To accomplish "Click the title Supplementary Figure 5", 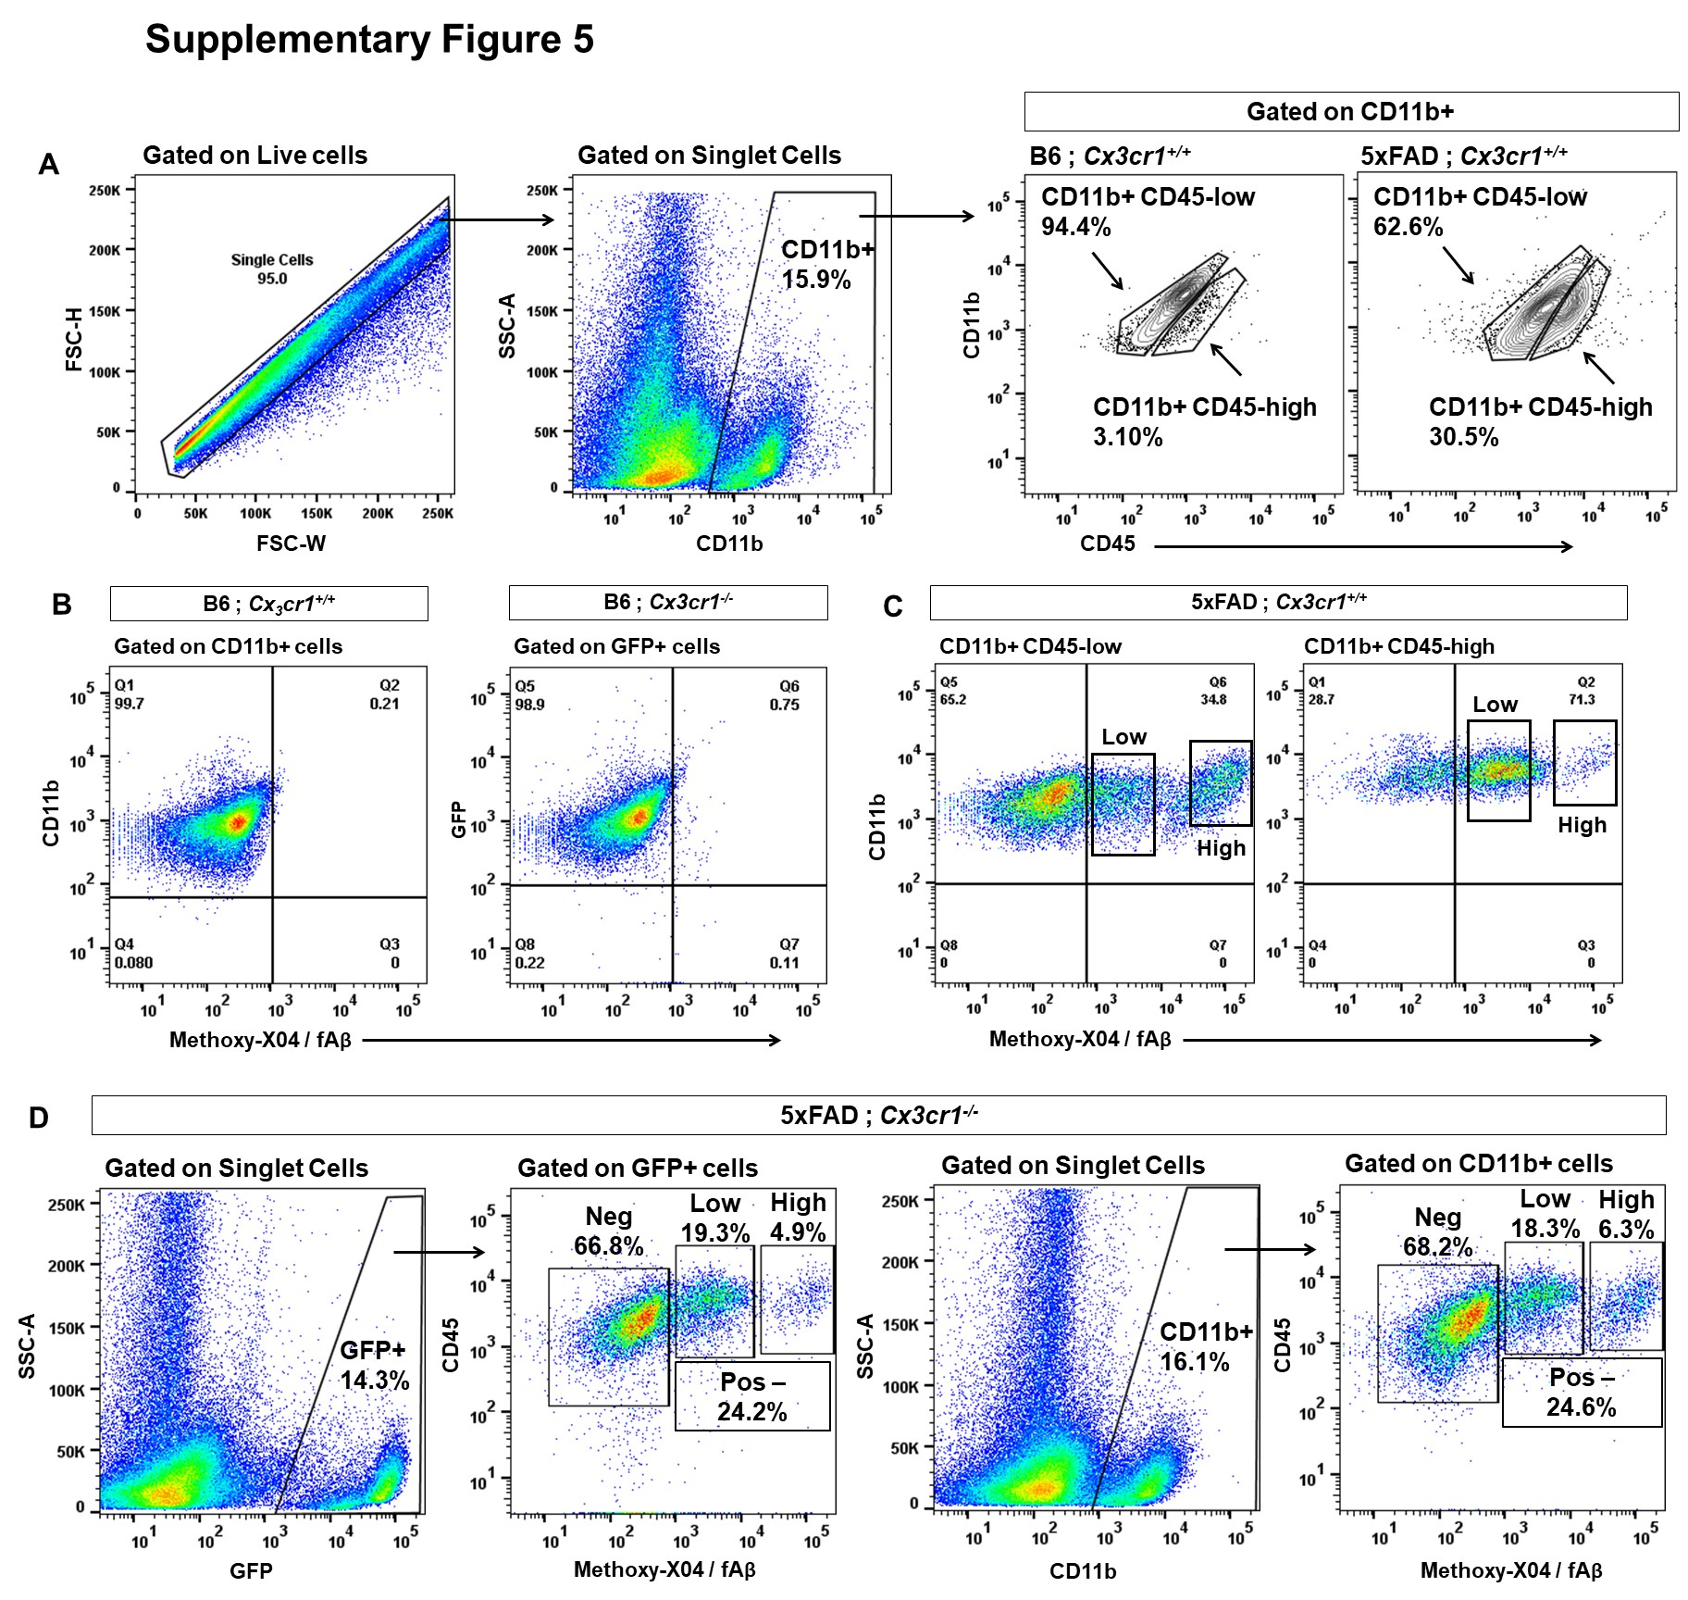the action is pyautogui.click(x=369, y=40).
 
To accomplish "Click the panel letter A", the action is pyautogui.click(x=48, y=165).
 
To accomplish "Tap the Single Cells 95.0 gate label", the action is pyautogui.click(x=272, y=269).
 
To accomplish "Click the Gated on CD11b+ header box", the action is pyautogui.click(x=1351, y=111).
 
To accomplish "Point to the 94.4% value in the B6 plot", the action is pyautogui.click(x=1076, y=227).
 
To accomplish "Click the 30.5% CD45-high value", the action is pyautogui.click(x=1463, y=437).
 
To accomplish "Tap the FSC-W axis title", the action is pyautogui.click(x=291, y=544).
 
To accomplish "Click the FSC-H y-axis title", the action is pyautogui.click(x=74, y=339).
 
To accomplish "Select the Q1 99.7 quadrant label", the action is pyautogui.click(x=129, y=694).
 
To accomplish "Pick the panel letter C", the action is pyautogui.click(x=893, y=606).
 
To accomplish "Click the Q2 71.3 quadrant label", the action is pyautogui.click(x=1582, y=691).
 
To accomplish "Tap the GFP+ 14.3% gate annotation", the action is pyautogui.click(x=374, y=1366).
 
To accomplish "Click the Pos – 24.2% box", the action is pyautogui.click(x=752, y=1396).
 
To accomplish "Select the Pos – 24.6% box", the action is pyautogui.click(x=1582, y=1392).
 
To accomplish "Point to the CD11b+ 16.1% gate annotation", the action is pyautogui.click(x=1206, y=1347).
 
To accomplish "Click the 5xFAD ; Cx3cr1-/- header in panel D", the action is pyautogui.click(x=878, y=1115).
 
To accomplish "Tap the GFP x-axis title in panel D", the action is pyautogui.click(x=251, y=1570).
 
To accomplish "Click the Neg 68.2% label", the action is pyautogui.click(x=1437, y=1232).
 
